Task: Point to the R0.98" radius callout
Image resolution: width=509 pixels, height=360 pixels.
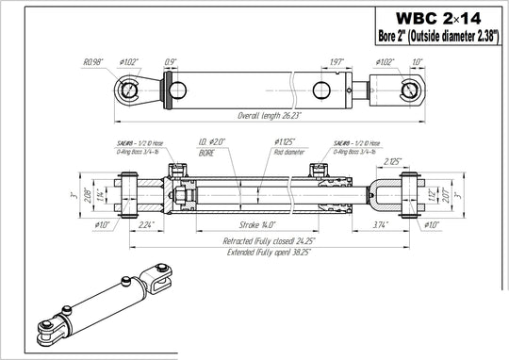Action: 94,62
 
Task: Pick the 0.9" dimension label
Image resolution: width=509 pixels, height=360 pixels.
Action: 170,62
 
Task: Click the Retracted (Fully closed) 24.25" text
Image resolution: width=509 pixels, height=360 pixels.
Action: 257,241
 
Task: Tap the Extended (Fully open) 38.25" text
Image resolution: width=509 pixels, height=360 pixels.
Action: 257,255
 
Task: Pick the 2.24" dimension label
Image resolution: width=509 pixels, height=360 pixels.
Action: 145,226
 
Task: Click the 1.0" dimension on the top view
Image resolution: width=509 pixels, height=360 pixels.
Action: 418,62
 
